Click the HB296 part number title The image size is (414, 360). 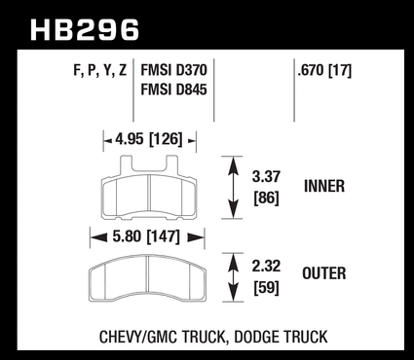[x=85, y=30]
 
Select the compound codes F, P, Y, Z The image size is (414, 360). [x=100, y=71]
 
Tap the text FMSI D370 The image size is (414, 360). [x=173, y=70]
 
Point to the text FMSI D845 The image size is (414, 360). [x=173, y=90]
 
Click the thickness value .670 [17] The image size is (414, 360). [x=324, y=70]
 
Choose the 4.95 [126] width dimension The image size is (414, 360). [x=149, y=139]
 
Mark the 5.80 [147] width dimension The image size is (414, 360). [x=146, y=236]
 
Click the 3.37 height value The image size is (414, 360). [x=266, y=177]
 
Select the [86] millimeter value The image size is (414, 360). [x=266, y=198]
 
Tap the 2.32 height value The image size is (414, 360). [x=266, y=266]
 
